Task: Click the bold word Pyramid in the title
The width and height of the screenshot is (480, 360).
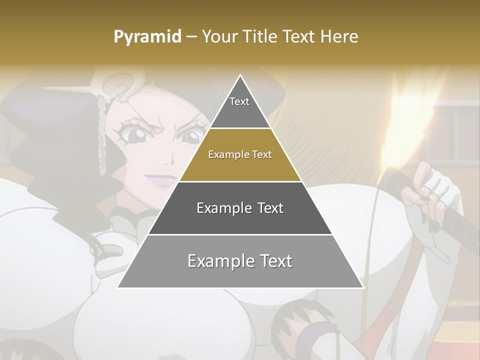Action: pos(147,37)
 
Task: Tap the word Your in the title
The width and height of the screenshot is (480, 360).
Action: pos(218,36)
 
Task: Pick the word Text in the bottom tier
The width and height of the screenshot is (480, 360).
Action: pos(274,261)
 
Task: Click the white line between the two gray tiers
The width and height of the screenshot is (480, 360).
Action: pos(240,234)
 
